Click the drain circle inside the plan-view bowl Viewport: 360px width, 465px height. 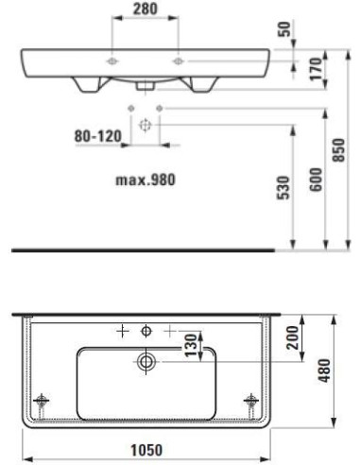pos(146,360)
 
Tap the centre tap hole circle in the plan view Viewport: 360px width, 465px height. pos(146,330)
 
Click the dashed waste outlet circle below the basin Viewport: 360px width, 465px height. pos(146,125)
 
